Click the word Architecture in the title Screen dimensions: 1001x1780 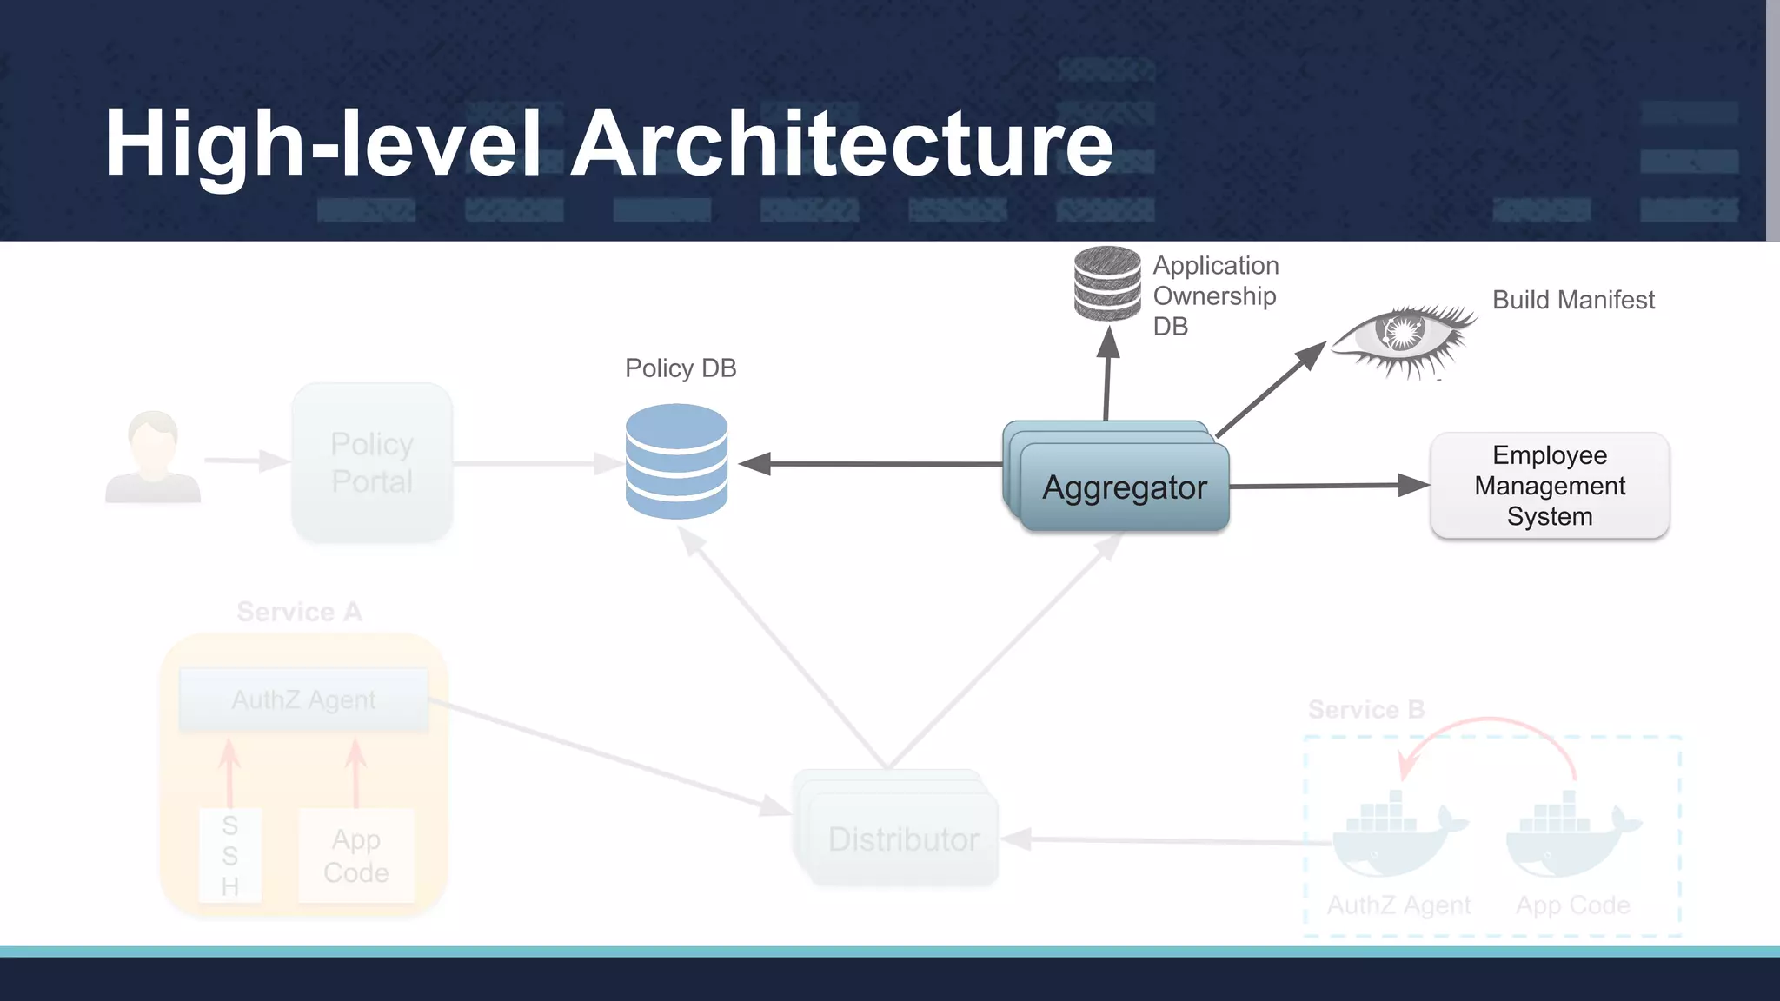(x=841, y=143)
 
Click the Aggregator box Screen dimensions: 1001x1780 (x=1124, y=487)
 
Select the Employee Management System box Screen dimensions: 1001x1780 (x=1549, y=486)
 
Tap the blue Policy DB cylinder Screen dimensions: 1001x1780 (x=676, y=461)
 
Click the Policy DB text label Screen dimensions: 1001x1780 (x=681, y=368)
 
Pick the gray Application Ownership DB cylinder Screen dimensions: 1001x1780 (x=1107, y=283)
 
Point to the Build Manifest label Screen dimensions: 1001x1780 (x=1573, y=300)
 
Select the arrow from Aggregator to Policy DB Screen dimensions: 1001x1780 (x=869, y=464)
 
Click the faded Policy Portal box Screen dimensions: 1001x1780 (x=372, y=463)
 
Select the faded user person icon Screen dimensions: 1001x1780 (x=153, y=458)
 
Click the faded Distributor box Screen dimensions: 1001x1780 (x=902, y=839)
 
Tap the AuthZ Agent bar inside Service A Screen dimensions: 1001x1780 (x=303, y=700)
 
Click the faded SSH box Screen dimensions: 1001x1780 (x=229, y=856)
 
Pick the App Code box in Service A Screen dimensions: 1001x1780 (x=356, y=856)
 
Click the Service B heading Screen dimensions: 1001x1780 (x=1366, y=710)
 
